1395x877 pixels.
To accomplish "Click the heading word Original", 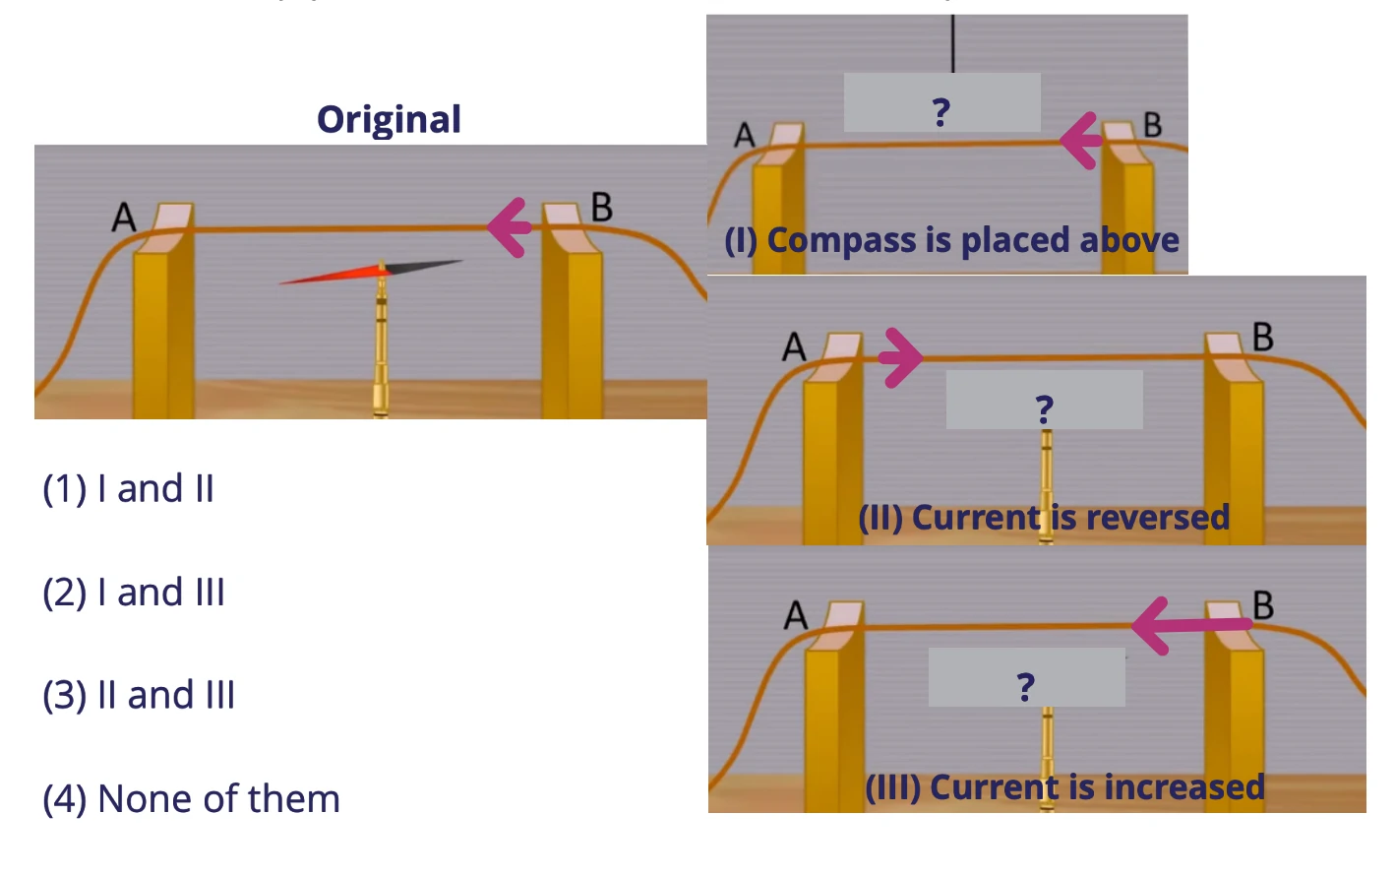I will click(389, 119).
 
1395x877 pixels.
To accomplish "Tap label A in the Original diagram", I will click(124, 217).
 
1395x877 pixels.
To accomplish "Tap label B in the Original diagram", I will click(601, 208).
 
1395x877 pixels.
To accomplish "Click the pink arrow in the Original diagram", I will click(510, 227).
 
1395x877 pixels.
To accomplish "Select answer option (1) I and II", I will click(128, 488).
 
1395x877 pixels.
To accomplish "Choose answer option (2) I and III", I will click(134, 593).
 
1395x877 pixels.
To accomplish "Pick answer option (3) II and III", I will click(139, 695).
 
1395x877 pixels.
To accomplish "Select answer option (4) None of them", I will click(191, 798).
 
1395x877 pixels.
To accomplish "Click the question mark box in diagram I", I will click(941, 103).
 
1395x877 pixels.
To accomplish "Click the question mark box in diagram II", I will click(1044, 401).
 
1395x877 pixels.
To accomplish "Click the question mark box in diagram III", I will click(1026, 678).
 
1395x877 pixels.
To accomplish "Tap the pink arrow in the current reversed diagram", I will click(900, 357).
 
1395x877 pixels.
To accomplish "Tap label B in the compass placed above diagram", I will click(1152, 125).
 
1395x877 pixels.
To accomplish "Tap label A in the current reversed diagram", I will click(794, 346).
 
